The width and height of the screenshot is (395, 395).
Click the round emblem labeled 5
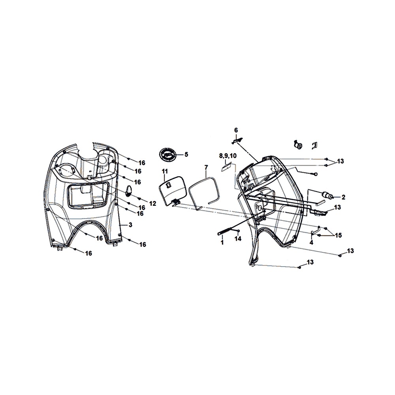coord(167,154)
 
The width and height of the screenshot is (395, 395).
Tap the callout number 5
coord(186,154)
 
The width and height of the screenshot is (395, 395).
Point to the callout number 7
coord(206,167)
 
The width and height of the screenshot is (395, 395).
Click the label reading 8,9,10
coord(228,156)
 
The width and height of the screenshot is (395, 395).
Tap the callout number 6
coord(236,130)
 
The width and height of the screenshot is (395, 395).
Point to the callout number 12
coord(152,203)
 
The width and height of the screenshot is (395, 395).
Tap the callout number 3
coord(130,225)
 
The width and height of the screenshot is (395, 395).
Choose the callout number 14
coord(238,239)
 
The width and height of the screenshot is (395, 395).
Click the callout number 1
coord(222,243)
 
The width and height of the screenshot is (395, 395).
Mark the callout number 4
coord(311,243)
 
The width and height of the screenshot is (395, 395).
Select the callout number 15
coord(339,235)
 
